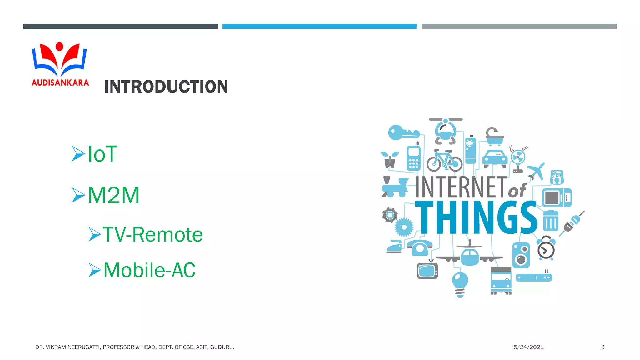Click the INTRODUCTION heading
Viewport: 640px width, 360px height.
166,87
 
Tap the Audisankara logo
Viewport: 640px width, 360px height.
60,64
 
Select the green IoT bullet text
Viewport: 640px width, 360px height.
102,154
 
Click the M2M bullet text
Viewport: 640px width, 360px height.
114,195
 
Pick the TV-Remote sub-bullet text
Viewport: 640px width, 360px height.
153,234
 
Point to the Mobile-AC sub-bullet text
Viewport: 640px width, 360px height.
149,270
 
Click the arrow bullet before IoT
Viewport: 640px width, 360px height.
78,153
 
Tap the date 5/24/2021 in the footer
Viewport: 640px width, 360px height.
528,347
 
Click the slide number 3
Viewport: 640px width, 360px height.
603,347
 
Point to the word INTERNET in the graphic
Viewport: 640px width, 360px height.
461,187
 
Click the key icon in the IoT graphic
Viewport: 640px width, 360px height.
403,133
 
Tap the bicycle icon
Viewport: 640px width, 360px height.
444,161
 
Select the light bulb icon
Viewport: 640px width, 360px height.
460,284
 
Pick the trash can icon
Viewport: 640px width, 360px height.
551,220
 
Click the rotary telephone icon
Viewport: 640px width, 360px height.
419,248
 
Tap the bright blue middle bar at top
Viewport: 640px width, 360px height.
319,27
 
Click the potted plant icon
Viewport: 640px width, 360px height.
390,159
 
